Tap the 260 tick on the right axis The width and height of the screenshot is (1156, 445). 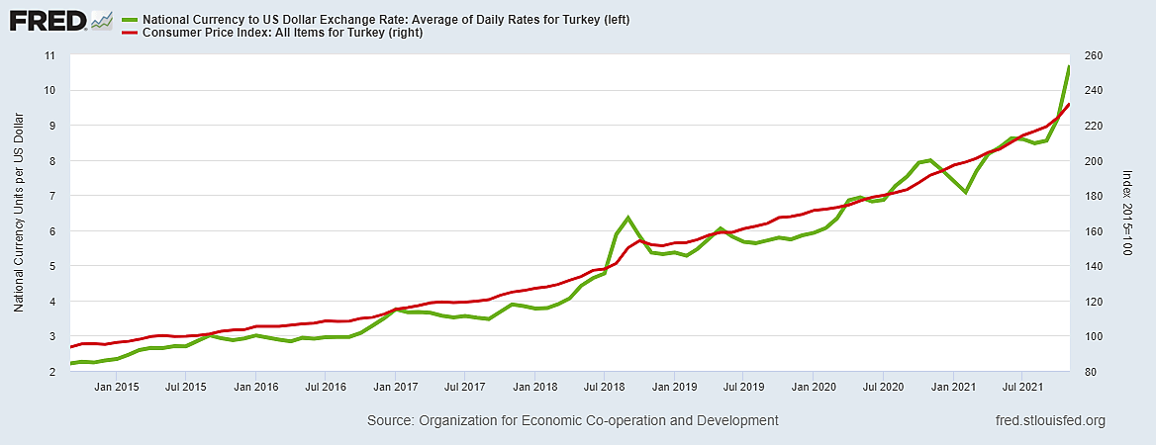point(1094,55)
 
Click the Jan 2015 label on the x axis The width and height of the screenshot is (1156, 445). point(116,387)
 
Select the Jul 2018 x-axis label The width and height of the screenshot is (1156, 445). point(603,387)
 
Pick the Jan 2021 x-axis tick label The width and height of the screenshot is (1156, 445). point(951,387)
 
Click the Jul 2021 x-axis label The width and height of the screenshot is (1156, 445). point(1020,387)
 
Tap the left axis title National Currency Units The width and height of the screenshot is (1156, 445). point(19,214)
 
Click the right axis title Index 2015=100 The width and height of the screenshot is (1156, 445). point(1127,214)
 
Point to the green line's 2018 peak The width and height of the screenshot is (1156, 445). point(627,218)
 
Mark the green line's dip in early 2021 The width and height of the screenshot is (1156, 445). point(965,192)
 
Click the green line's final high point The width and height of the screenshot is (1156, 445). point(1069,66)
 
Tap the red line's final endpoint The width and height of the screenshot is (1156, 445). point(1069,104)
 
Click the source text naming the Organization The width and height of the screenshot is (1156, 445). point(572,421)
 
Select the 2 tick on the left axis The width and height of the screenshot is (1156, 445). point(50,372)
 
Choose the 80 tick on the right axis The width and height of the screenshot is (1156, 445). point(1091,372)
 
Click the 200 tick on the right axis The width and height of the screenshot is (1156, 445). point(1094,161)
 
